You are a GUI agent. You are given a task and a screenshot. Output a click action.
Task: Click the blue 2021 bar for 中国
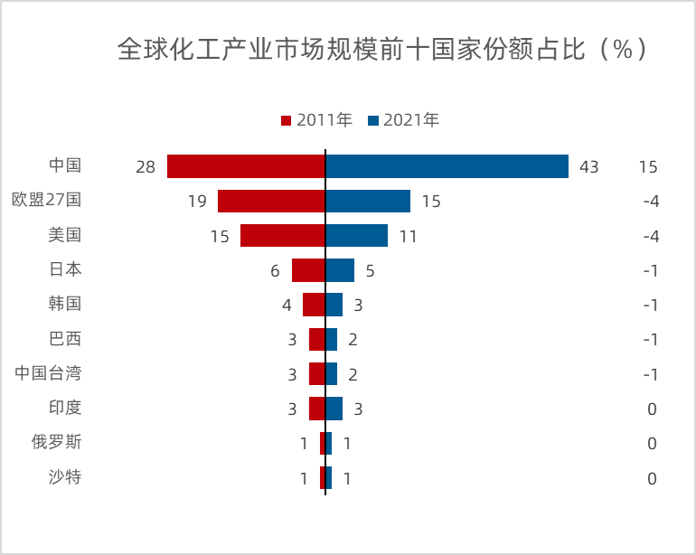(x=447, y=166)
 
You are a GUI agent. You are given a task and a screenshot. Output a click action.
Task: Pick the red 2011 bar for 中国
(x=246, y=166)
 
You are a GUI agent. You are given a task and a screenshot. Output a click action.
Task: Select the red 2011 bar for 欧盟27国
(x=271, y=201)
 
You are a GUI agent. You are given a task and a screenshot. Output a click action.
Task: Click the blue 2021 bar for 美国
(x=356, y=235)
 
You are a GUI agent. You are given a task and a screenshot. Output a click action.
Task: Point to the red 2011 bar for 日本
(x=308, y=269)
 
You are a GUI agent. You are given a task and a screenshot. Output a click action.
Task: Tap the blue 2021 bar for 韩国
(x=334, y=305)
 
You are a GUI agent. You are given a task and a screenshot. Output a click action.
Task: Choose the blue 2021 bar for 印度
(x=334, y=409)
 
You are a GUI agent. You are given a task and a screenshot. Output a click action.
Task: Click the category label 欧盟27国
(x=46, y=200)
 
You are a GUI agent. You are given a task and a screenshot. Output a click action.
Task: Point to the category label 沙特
(x=65, y=476)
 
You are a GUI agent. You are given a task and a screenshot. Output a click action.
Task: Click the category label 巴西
(x=65, y=339)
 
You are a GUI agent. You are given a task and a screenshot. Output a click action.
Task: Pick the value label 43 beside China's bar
(x=589, y=167)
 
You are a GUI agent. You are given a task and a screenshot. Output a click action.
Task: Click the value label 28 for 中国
(x=146, y=167)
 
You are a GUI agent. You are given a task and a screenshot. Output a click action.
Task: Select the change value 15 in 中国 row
(x=647, y=167)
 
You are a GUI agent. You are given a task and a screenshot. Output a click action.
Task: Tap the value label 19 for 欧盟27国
(x=198, y=202)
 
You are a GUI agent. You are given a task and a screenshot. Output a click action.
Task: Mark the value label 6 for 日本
(x=275, y=271)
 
